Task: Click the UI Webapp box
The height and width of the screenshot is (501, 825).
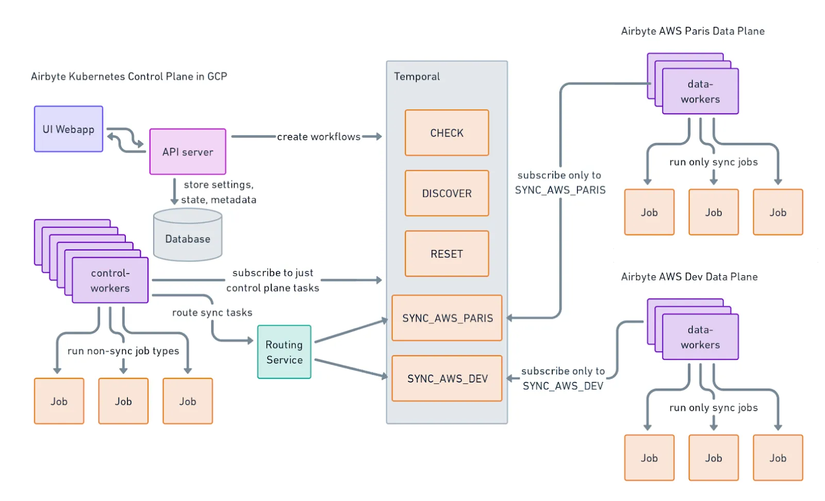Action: click(x=69, y=129)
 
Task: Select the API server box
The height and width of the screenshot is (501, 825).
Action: click(x=188, y=152)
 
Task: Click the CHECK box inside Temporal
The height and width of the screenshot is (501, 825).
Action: click(x=447, y=133)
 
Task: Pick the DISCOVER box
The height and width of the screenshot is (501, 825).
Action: click(x=447, y=193)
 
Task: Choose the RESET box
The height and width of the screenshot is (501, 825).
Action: click(x=447, y=254)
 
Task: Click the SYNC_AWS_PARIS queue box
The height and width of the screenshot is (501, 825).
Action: click(x=447, y=318)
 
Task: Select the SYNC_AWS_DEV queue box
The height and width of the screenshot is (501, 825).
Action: click(x=447, y=378)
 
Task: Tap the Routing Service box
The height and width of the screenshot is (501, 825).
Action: click(x=284, y=352)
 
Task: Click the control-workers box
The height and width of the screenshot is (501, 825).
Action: click(x=110, y=280)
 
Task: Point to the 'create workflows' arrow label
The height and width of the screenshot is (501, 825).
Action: click(x=319, y=137)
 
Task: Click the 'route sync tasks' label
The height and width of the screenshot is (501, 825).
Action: click(x=212, y=312)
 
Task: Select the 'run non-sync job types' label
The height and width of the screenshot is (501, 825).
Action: click(x=123, y=351)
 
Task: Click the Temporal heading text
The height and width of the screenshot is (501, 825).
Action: click(x=417, y=76)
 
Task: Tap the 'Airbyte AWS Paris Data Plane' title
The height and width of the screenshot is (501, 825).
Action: click(x=692, y=31)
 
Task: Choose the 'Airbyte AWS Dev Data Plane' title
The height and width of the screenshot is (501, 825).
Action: click(x=689, y=277)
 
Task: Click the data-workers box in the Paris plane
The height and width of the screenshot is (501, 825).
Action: click(x=700, y=91)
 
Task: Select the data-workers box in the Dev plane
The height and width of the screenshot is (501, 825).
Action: click(x=700, y=337)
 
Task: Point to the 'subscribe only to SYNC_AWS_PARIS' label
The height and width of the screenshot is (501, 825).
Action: click(x=560, y=182)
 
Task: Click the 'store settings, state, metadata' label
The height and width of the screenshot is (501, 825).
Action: click(x=218, y=192)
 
